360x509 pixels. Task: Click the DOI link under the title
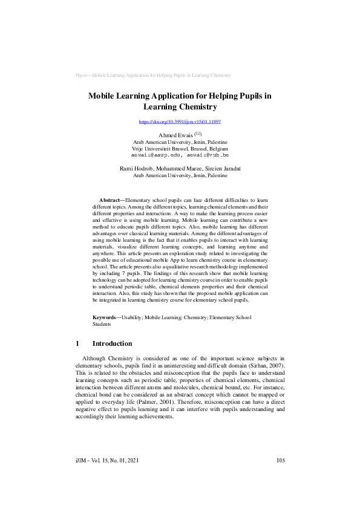tap(180, 122)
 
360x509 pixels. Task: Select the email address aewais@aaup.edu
tap(153, 154)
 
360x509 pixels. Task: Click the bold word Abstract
tap(110, 199)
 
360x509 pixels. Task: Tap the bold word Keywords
tap(106, 317)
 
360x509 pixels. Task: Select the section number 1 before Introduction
tap(77, 343)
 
